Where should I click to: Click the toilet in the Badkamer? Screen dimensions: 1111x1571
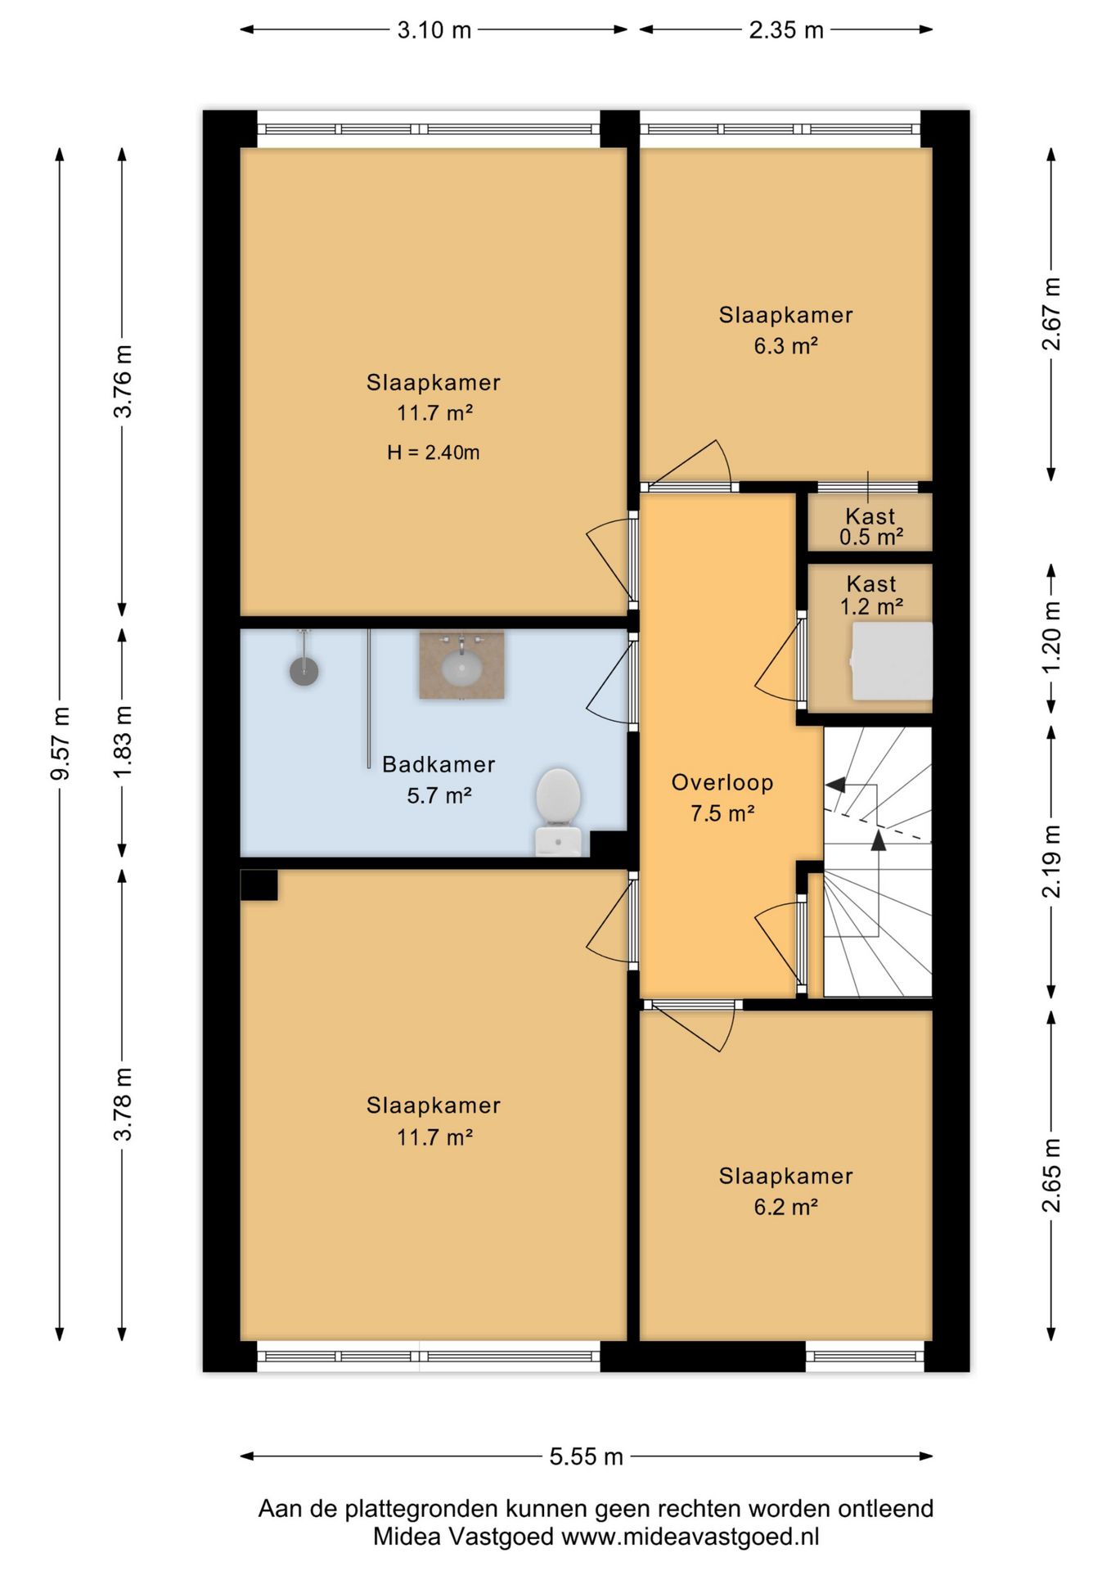tap(559, 811)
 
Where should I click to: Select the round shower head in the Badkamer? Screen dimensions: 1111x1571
tap(304, 671)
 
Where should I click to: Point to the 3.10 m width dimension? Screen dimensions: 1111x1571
tap(434, 30)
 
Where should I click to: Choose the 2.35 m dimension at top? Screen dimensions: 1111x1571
tap(786, 30)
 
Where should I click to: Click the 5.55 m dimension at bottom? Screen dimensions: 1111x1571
tap(587, 1456)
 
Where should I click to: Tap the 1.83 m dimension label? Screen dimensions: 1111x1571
tap(123, 743)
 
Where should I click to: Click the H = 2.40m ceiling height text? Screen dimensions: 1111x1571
tap(434, 452)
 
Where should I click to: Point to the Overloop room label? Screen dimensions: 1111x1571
tap(722, 783)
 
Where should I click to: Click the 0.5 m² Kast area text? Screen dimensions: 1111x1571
tap(871, 537)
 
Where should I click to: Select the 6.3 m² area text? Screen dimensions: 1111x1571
tap(786, 346)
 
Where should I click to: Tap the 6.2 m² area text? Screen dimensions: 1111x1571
tap(786, 1207)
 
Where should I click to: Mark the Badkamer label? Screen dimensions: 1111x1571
tap(439, 764)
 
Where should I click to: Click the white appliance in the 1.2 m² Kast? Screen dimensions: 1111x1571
tap(891, 661)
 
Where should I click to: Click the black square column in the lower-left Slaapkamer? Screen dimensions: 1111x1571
tap(259, 885)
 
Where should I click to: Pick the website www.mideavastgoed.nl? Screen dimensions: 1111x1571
tap(690, 1537)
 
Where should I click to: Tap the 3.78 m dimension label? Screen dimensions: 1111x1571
tap(123, 1105)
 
